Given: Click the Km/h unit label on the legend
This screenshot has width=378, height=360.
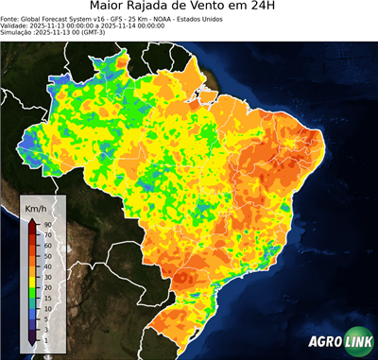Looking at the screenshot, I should tap(37, 206).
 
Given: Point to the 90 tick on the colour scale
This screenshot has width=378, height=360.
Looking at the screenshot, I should tap(46, 224).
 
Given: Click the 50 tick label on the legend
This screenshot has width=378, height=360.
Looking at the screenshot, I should tap(46, 255).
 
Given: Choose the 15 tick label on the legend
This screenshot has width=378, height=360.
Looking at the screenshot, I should tap(46, 297).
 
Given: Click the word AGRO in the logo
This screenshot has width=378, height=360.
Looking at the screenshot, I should tap(323, 343).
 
